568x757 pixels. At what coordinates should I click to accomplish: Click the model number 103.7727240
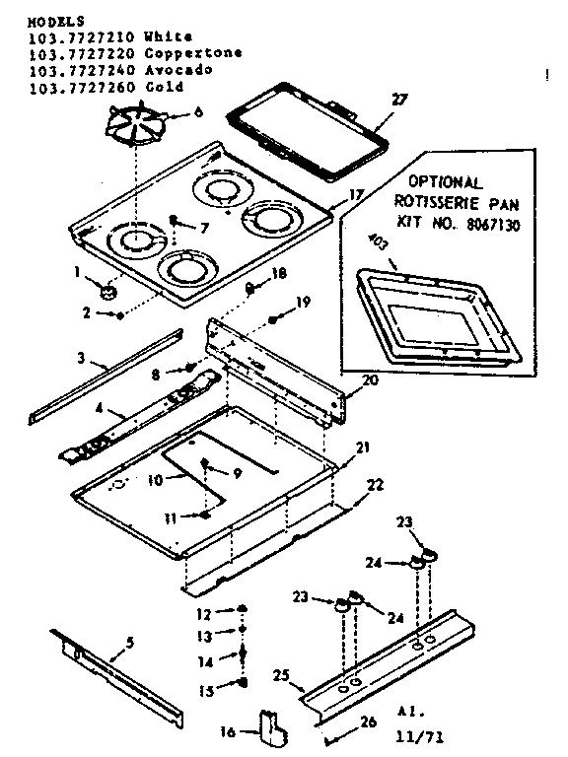click(x=68, y=71)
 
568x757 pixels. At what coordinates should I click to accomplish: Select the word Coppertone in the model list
click(x=192, y=53)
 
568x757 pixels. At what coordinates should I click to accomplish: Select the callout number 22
click(x=376, y=484)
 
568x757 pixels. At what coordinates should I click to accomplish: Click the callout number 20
click(x=370, y=380)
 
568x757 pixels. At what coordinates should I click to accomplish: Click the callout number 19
click(x=304, y=303)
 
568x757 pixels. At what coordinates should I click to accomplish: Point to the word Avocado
click(x=177, y=71)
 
